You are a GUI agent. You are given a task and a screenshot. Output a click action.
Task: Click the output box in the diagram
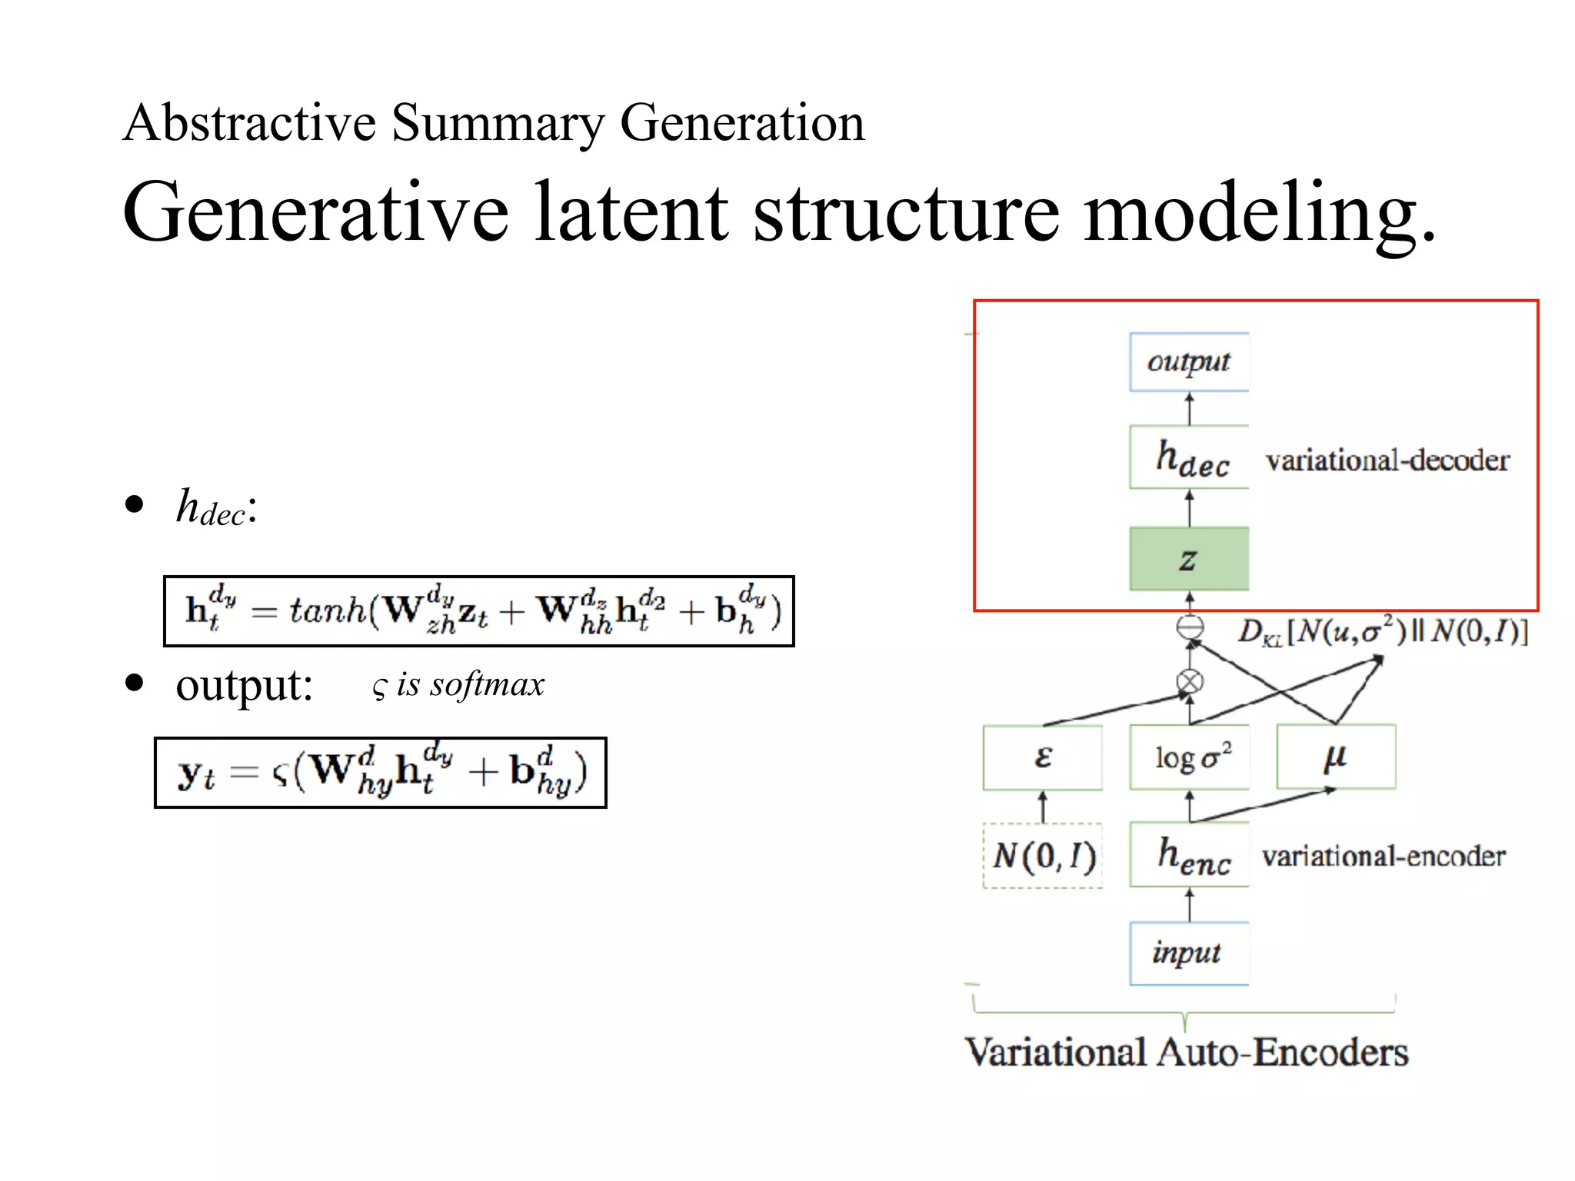(x=1188, y=361)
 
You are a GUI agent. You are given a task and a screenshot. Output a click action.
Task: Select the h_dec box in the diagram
(x=1188, y=457)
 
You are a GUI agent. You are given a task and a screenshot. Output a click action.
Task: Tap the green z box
(x=1188, y=559)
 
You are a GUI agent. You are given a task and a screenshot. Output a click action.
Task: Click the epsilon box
(x=1042, y=757)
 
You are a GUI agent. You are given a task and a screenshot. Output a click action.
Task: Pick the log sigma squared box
(x=1189, y=757)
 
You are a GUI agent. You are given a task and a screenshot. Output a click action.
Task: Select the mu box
(x=1336, y=757)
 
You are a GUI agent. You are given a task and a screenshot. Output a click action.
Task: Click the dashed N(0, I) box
(x=1043, y=856)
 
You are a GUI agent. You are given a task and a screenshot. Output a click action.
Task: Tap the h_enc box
(x=1189, y=855)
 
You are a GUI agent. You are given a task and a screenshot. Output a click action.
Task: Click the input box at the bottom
(x=1188, y=953)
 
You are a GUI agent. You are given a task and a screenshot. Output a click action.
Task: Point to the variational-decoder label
(x=1387, y=461)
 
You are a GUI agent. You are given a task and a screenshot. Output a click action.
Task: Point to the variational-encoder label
(x=1384, y=856)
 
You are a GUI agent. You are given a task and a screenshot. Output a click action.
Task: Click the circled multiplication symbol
(x=1190, y=682)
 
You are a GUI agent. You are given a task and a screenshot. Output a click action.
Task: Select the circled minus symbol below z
(x=1190, y=627)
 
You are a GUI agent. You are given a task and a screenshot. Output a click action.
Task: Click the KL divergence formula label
(x=1383, y=631)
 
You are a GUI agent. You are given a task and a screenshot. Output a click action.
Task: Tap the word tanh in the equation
(x=328, y=611)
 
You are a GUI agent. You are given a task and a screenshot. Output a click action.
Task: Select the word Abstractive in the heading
(x=250, y=123)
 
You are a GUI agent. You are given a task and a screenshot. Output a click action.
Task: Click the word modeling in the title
(x=1258, y=212)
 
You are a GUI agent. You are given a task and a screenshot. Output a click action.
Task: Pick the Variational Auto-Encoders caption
(x=1187, y=1052)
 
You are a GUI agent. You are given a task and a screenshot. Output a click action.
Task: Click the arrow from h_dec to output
(x=1190, y=408)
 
